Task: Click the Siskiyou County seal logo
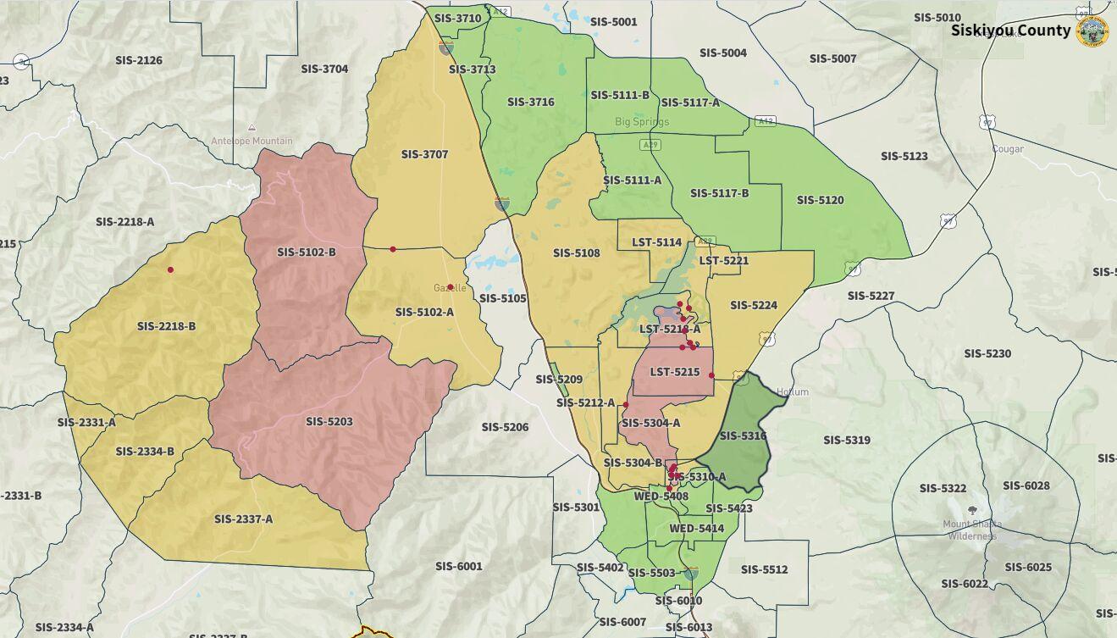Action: point(1092,31)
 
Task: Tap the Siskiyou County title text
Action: point(1009,31)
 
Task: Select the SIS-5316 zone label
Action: point(743,436)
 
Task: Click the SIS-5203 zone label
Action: point(329,421)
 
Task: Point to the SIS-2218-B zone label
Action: point(166,325)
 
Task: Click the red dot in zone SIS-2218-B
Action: point(170,269)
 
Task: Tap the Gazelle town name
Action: point(450,288)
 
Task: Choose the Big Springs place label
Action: point(641,121)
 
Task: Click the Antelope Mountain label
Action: point(252,141)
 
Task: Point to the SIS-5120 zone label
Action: point(820,200)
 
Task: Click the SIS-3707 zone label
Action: point(424,154)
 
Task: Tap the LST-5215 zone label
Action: point(675,372)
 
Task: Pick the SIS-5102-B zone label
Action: point(306,252)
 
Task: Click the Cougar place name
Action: point(1008,148)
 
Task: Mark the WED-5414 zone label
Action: point(696,528)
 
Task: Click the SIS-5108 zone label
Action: point(576,252)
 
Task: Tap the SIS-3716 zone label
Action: point(530,102)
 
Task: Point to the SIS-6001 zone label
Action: point(458,566)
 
